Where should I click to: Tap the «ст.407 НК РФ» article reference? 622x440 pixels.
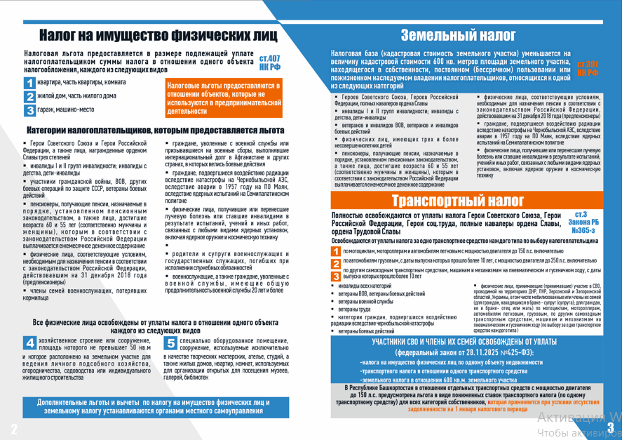pyautogui.click(x=269, y=62)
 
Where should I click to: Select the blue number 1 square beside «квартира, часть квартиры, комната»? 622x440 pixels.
pyautogui.click(x=29, y=83)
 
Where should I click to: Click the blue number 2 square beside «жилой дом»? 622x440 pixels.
pyautogui.click(x=29, y=96)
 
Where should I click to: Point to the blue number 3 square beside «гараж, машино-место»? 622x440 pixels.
pyautogui.click(x=29, y=109)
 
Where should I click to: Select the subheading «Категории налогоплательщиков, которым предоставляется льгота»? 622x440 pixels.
pyautogui.click(x=155, y=131)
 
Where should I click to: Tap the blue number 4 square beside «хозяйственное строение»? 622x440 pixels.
pyautogui.click(x=30, y=343)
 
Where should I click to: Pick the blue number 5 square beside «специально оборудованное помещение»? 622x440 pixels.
pyautogui.click(x=170, y=343)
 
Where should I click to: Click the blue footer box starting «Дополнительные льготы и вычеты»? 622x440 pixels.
pyautogui.click(x=154, y=406)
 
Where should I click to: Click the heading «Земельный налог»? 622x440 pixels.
pyautogui.click(x=458, y=36)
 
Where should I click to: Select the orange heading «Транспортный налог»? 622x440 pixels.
pyautogui.click(x=471, y=201)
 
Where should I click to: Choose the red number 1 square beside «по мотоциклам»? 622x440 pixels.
pyautogui.click(x=337, y=251)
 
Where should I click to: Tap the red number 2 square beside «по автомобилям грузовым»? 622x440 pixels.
pyautogui.click(x=337, y=263)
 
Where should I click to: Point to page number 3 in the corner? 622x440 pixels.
pyautogui.click(x=610, y=428)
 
